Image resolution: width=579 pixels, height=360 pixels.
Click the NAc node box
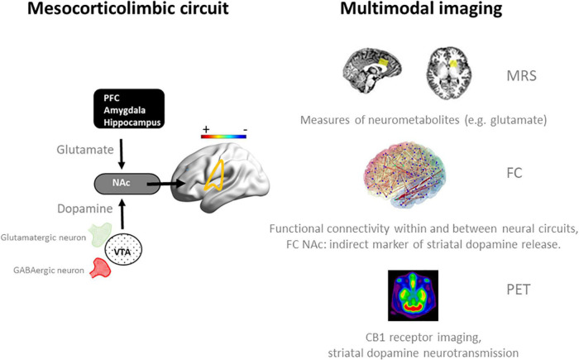(122, 178)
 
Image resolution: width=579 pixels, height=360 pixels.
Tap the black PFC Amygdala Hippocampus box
(127, 108)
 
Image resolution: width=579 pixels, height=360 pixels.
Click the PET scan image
(417, 296)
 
